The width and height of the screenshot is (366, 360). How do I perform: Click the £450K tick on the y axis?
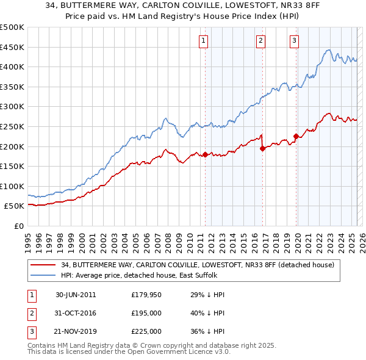coord(12,47)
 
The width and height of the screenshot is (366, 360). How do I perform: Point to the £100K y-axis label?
coord(12,186)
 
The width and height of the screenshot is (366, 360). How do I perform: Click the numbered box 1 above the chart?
coord(203,41)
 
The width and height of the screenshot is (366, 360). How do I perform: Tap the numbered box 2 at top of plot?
coord(260,41)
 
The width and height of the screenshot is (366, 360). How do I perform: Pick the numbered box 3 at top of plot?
coord(294,41)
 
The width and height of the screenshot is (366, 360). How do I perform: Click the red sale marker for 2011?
coord(205,154)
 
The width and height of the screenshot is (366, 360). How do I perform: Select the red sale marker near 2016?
coord(262,148)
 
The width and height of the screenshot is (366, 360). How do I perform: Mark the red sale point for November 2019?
coord(296,136)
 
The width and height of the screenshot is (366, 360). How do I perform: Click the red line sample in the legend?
coord(42,265)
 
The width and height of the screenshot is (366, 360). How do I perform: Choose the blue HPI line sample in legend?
coord(42,275)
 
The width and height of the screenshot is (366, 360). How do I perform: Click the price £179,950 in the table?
coord(146,295)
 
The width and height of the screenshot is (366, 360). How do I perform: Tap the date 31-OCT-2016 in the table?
coord(76,313)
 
